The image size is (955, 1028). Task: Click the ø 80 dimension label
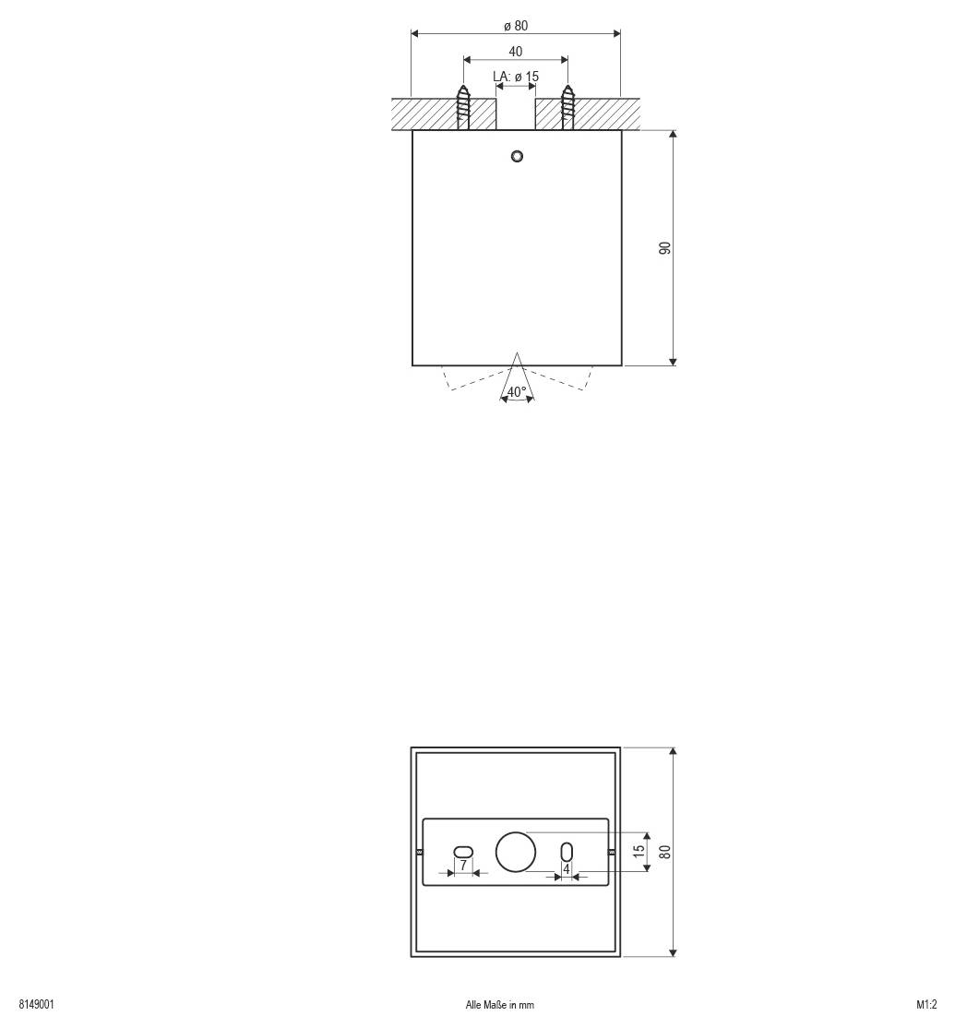(x=515, y=25)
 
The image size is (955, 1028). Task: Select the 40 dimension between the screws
(x=515, y=52)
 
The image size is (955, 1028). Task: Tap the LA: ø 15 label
(x=515, y=76)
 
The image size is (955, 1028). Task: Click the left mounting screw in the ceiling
(x=463, y=108)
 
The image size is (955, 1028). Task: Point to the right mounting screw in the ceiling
(x=567, y=108)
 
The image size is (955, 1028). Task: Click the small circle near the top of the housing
(x=517, y=155)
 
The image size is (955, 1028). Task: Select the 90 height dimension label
(x=663, y=248)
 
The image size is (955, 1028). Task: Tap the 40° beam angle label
(x=517, y=391)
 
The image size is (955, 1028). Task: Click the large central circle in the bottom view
(x=516, y=852)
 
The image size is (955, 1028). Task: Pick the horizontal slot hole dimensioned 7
(x=463, y=851)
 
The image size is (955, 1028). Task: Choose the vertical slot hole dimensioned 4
(x=567, y=851)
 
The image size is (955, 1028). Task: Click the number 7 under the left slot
(x=463, y=866)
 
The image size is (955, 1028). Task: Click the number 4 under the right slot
(x=567, y=868)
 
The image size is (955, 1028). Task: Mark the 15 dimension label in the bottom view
(x=639, y=851)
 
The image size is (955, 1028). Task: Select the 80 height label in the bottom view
(x=663, y=851)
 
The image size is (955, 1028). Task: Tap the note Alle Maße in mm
(x=499, y=1005)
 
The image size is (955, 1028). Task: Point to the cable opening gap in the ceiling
(x=516, y=114)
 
